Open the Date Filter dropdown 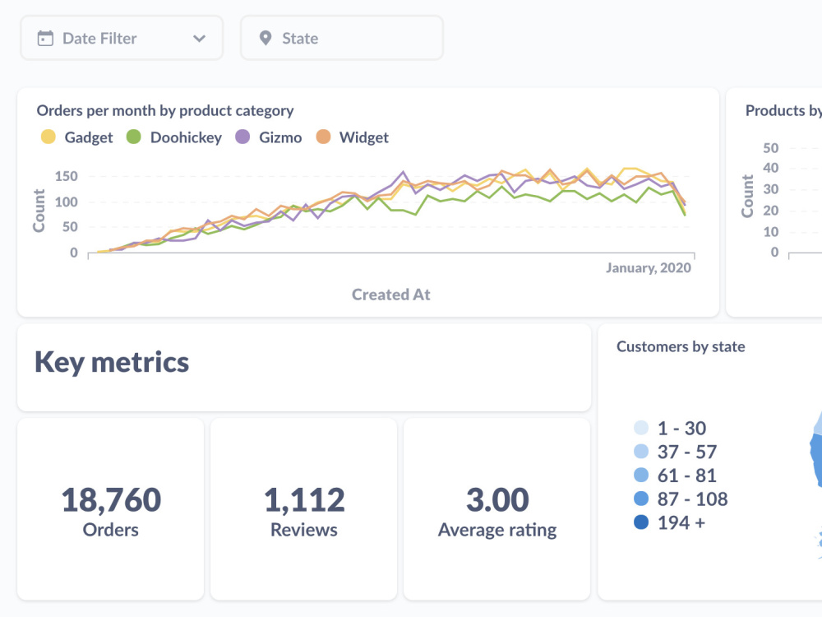pyautogui.click(x=122, y=38)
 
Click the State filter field pyautogui.click(x=341, y=38)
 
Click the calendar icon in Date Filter pyautogui.click(x=46, y=38)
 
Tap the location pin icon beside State pyautogui.click(x=265, y=38)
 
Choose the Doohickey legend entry pyautogui.click(x=174, y=137)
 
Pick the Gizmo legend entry pyautogui.click(x=269, y=137)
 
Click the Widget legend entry pyautogui.click(x=353, y=137)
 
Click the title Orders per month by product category pyautogui.click(x=165, y=110)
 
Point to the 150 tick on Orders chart pyautogui.click(x=67, y=176)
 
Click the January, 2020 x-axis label pyautogui.click(x=649, y=267)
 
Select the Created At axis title pyautogui.click(x=390, y=294)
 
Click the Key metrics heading pyautogui.click(x=112, y=362)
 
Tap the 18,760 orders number pyautogui.click(x=111, y=499)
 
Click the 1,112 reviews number pyautogui.click(x=304, y=499)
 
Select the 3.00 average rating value pyautogui.click(x=497, y=499)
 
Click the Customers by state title pyautogui.click(x=681, y=346)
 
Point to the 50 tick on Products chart pyautogui.click(x=770, y=148)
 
